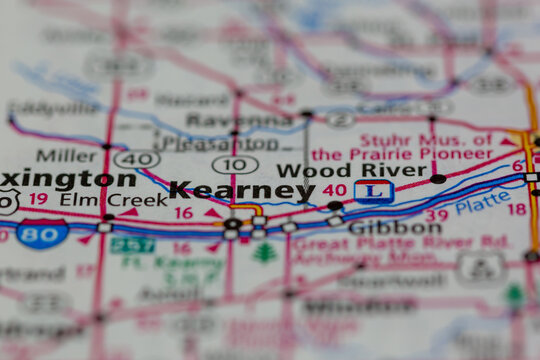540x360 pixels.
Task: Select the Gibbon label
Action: coord(394,228)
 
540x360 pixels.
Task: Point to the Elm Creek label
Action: coord(99,199)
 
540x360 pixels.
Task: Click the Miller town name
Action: coord(66,155)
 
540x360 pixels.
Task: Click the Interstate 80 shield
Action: coord(43,234)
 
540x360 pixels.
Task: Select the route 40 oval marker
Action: coord(136,159)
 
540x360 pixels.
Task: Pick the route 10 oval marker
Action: coord(235,164)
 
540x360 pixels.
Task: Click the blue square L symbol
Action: coord(373,190)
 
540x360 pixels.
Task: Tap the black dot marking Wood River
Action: coord(438,179)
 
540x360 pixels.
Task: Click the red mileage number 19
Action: coord(38,199)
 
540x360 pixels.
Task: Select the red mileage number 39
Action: coord(436,216)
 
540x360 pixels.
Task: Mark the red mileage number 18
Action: coord(516,209)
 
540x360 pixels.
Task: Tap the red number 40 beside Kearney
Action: coord(334,190)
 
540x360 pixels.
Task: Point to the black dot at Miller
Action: coord(106,146)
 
